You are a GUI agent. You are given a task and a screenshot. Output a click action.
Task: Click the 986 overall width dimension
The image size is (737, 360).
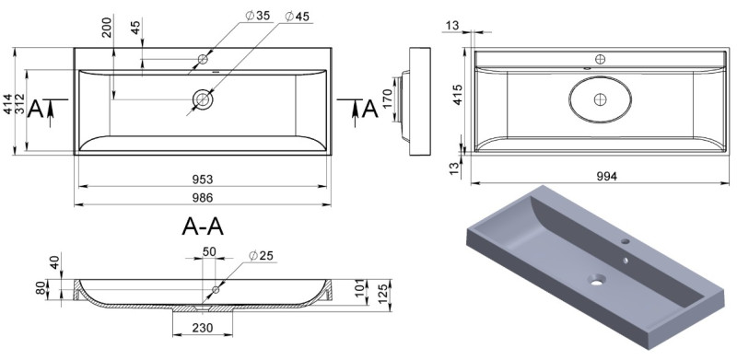203,198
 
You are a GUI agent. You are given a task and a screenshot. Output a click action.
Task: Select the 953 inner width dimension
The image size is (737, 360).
203,180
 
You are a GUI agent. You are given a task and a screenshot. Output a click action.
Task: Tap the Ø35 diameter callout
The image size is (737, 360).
258,16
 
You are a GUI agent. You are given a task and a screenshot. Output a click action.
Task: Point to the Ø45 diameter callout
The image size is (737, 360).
297,17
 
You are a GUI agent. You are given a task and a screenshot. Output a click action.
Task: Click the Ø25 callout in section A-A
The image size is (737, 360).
261,256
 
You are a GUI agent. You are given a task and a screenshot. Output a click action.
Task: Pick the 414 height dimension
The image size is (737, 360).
8,104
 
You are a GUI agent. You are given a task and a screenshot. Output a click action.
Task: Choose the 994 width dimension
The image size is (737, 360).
607,176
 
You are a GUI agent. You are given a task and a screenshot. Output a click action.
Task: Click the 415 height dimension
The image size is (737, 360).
458,95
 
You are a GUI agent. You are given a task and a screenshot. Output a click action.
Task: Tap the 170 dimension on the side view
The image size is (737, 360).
388,99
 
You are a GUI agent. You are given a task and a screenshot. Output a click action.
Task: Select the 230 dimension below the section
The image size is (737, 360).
203,328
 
